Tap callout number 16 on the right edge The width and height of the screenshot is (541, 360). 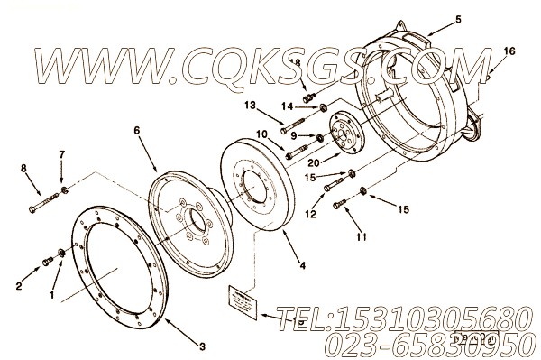[509, 51]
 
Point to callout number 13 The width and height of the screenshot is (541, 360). [250, 106]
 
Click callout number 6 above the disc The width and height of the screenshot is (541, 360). [137, 130]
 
